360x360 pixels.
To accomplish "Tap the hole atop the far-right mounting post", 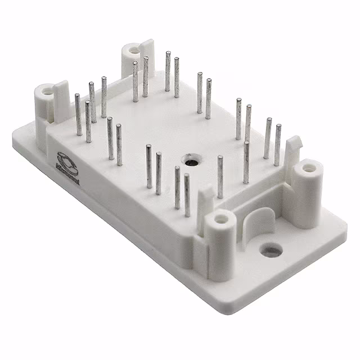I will click(x=309, y=167).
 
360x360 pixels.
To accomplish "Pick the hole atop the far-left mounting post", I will click(x=47, y=89).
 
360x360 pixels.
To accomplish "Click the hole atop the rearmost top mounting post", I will click(x=134, y=49).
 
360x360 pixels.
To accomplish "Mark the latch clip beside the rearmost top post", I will click(x=147, y=49).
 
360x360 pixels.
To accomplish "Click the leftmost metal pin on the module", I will click(x=78, y=115).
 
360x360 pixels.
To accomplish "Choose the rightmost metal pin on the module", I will click(x=277, y=145).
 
